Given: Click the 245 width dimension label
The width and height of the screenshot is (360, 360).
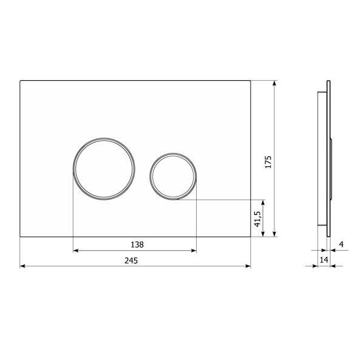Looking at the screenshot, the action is tap(131, 260).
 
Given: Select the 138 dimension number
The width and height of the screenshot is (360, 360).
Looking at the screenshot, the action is tap(137, 245).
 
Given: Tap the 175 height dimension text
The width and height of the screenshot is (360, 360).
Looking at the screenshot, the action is tap(268, 162).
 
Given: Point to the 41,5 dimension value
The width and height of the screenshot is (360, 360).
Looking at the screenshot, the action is tap(257, 219).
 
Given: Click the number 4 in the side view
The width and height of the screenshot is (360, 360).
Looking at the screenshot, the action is tap(341, 244).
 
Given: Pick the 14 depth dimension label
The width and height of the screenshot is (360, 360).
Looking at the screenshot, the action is tap(324, 260).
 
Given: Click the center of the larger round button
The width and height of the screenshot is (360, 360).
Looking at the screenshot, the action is tap(104, 169).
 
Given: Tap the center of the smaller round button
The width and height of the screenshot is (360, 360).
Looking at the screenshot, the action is tap(173, 176).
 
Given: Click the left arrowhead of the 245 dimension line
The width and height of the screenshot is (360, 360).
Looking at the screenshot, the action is tap(22, 266).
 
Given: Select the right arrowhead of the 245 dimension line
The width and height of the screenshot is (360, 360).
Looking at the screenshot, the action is tap(248, 266).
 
